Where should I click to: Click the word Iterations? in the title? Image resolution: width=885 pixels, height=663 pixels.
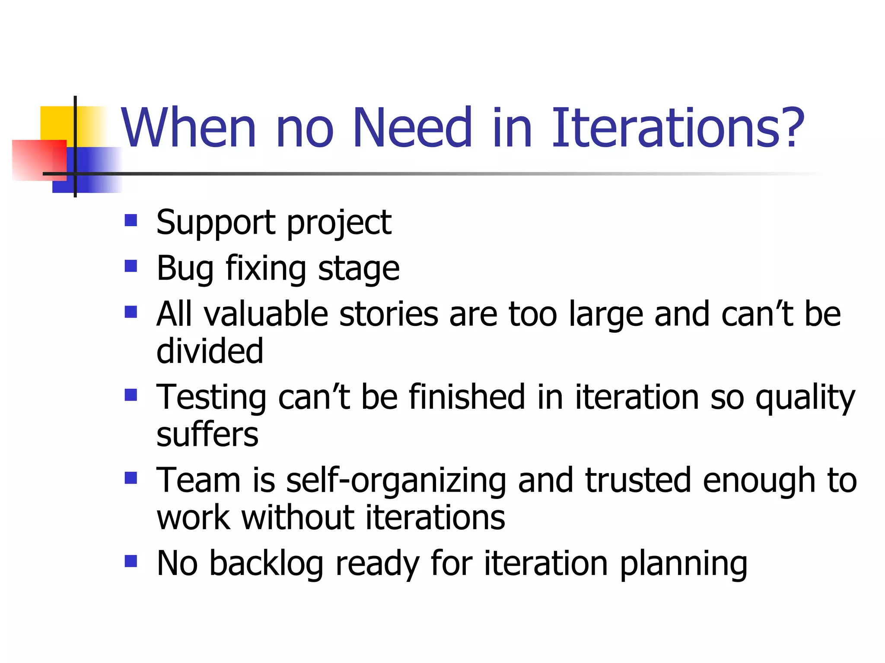(678, 128)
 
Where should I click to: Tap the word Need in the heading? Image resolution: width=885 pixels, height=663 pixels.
(412, 128)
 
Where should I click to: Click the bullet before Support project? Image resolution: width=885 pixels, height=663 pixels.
(131, 221)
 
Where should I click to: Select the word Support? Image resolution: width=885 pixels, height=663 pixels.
(216, 223)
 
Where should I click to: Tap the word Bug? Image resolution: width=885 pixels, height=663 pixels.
(185, 269)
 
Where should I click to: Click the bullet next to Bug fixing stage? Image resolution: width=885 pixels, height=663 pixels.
(131, 266)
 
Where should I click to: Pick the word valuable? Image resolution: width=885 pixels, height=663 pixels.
(266, 314)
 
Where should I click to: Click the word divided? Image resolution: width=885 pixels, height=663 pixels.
(210, 350)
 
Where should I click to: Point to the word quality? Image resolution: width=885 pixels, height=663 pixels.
(805, 398)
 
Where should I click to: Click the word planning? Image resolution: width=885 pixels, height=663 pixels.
(683, 565)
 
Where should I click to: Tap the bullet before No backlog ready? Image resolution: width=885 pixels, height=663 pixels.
(131, 561)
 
